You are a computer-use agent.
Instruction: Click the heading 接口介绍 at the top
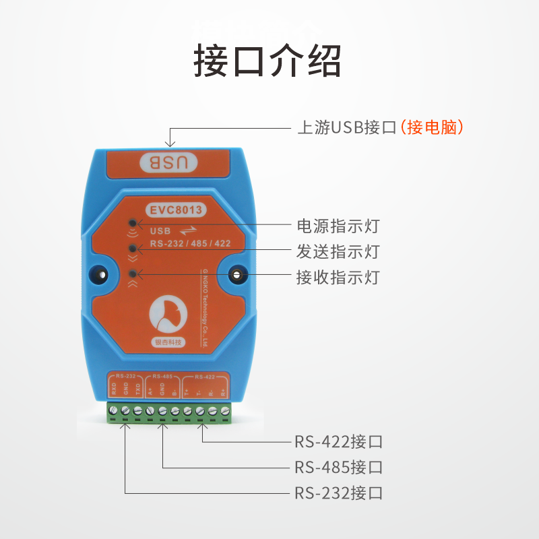[x=267, y=61]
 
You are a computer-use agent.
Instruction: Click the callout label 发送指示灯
[x=338, y=251]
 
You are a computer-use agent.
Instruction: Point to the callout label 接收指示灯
[x=338, y=277]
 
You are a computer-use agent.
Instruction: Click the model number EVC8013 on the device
[x=176, y=210]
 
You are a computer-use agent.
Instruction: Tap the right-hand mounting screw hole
[x=238, y=274]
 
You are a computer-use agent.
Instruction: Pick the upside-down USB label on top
[x=172, y=162]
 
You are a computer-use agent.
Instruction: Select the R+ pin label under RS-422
[x=223, y=390]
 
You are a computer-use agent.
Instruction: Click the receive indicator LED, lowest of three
[x=133, y=274]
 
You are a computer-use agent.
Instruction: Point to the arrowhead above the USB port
[x=170, y=142]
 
